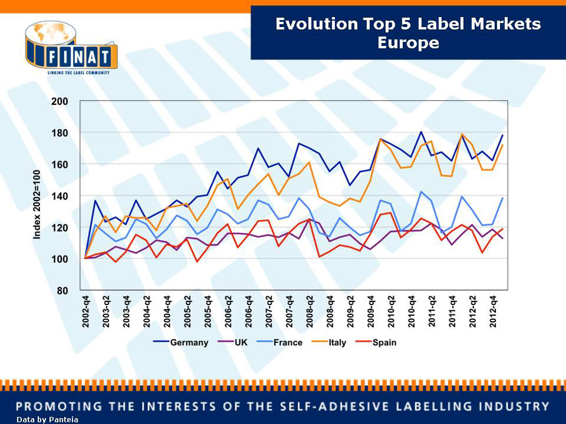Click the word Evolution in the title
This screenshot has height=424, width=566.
(x=316, y=24)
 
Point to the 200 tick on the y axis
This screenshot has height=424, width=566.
(x=60, y=101)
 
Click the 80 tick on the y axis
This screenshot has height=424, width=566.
(x=63, y=290)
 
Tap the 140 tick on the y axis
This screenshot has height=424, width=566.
(x=60, y=196)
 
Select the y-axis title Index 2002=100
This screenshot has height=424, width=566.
(x=37, y=204)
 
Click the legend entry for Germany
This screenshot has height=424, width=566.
(x=189, y=342)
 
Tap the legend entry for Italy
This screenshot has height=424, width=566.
(x=337, y=342)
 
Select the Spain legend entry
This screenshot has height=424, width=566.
(x=384, y=342)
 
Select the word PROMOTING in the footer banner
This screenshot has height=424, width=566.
(x=56, y=406)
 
